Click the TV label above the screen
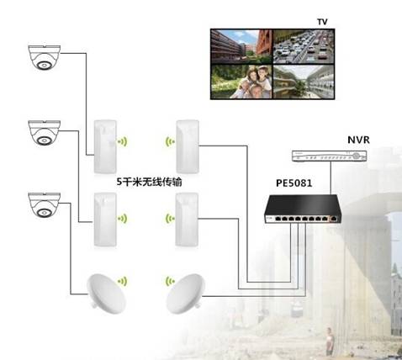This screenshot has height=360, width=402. point(322,22)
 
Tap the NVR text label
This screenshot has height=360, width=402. point(358,140)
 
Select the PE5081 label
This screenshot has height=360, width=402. point(294,183)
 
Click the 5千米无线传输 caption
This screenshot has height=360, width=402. point(149,182)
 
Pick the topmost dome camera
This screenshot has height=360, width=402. point(45,57)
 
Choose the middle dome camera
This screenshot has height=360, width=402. point(45,133)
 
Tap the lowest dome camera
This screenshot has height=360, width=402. point(45,205)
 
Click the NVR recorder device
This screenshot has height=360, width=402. point(330,156)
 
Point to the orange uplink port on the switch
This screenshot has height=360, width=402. point(334,219)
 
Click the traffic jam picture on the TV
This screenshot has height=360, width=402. point(304,47)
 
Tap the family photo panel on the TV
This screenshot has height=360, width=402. point(241,82)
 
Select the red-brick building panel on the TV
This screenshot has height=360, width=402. point(241,46)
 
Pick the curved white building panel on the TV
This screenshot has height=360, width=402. point(304,82)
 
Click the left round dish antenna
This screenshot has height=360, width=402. point(106,294)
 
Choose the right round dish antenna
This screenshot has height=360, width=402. point(185,294)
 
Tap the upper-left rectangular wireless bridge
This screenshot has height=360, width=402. point(105,146)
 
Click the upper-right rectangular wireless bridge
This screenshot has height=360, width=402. point(188,146)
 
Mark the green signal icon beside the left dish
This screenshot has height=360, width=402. point(123,281)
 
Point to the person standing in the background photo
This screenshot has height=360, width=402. point(330,341)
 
